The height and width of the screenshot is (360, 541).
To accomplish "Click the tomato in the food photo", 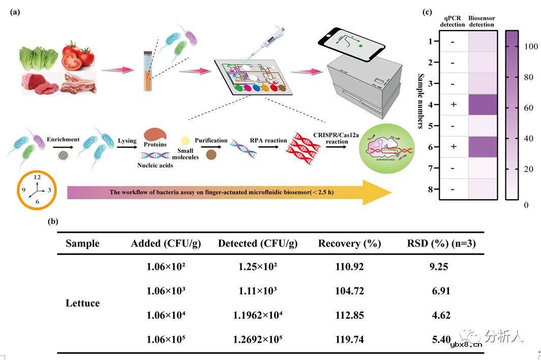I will (x=78, y=55).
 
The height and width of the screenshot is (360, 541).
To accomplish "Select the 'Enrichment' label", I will (x=63, y=139).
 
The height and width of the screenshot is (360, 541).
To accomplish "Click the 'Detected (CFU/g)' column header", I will (x=257, y=244).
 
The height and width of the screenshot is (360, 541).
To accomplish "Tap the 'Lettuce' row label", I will (x=83, y=303).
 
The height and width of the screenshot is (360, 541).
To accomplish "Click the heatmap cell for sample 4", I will (x=482, y=105).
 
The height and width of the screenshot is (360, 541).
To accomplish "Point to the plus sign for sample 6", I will (x=452, y=147).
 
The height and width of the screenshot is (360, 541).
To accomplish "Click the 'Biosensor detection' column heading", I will (x=482, y=21).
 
